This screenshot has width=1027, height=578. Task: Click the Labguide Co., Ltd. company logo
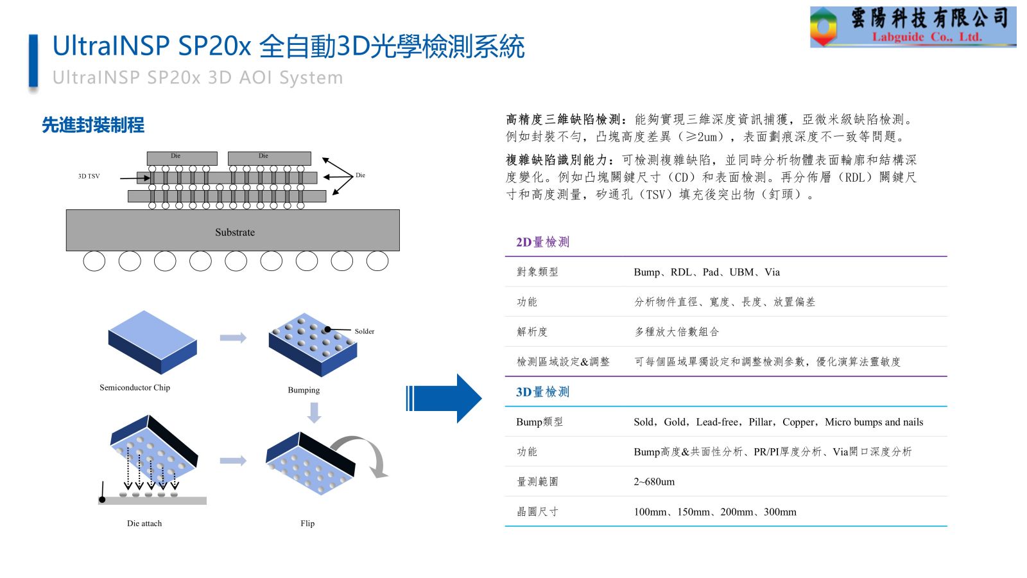pos(912,27)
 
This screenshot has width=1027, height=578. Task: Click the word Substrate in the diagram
pos(235,232)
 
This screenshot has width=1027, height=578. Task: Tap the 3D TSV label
pos(89,176)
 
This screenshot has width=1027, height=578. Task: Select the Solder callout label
pos(364,331)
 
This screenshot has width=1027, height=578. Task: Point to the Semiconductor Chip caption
pos(135,387)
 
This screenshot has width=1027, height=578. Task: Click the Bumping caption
pos(304,390)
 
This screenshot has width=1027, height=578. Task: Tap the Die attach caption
pos(144,523)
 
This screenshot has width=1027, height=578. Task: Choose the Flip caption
pos(307,523)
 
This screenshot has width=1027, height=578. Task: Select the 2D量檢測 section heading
pos(542,242)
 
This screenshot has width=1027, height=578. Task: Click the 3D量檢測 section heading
pos(542,392)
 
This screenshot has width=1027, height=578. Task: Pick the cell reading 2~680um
pos(654,482)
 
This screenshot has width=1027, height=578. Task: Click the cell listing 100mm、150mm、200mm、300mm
pos(715,512)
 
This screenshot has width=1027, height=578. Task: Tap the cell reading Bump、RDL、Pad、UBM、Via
pos(707,272)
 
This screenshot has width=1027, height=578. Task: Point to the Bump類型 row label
pos(539,422)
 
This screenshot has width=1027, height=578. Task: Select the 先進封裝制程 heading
pos(93,125)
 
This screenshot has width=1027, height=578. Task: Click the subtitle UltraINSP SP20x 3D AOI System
pos(198,78)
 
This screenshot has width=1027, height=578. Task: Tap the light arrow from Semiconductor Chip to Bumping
pos(233,338)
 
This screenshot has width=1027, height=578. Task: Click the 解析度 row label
pos(532,332)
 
